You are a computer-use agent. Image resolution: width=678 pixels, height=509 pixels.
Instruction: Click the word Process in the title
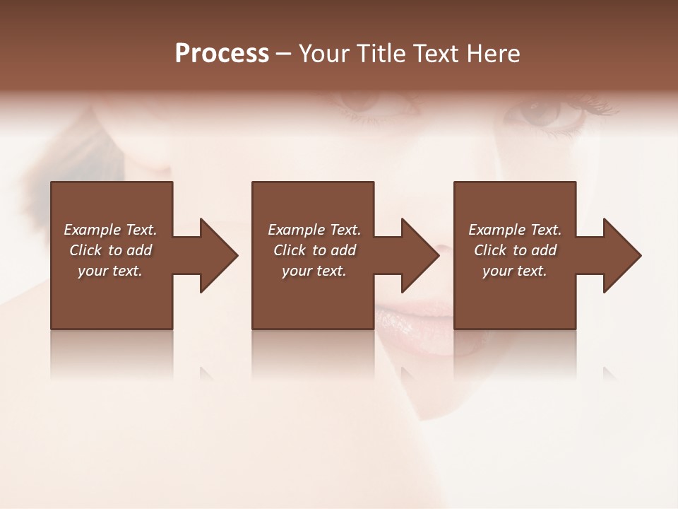[x=222, y=54]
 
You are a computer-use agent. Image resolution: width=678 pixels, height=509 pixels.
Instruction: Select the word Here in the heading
[x=493, y=54]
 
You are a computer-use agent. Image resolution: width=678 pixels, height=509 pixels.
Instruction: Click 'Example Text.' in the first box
[x=110, y=230]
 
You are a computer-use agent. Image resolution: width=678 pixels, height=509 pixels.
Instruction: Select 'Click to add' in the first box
[x=110, y=250]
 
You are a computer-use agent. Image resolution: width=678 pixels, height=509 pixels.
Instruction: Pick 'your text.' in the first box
[x=110, y=271]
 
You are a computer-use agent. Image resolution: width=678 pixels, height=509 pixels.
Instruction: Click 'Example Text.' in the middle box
[x=314, y=230]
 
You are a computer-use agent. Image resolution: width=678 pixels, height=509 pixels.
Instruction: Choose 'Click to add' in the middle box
[x=314, y=250]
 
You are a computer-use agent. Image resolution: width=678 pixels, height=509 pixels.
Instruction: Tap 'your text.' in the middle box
[x=314, y=271]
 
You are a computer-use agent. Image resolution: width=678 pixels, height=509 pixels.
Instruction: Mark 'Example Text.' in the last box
[x=515, y=230]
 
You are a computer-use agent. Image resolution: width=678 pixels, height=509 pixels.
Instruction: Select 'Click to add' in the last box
[x=515, y=250]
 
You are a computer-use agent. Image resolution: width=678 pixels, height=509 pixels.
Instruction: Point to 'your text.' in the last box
[x=515, y=271]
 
